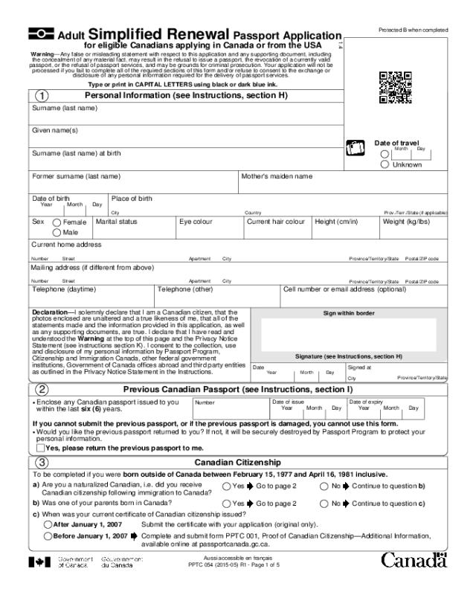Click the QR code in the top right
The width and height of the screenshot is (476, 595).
point(395,86)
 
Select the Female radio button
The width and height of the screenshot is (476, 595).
point(57,222)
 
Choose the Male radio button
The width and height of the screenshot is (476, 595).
point(57,232)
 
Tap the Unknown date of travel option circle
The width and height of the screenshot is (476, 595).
point(385,164)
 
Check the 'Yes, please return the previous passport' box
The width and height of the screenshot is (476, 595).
point(39,448)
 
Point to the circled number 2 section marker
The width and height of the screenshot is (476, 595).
point(42,389)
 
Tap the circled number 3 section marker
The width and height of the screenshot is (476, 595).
point(42,463)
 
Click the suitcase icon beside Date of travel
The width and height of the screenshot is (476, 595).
point(356,149)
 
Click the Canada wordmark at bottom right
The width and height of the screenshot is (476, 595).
point(414,559)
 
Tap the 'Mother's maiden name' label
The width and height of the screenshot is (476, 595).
point(277,177)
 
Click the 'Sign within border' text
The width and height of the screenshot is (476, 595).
point(348,313)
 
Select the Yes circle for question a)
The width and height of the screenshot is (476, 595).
point(227,486)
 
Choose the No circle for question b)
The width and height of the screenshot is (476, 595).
point(324,504)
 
